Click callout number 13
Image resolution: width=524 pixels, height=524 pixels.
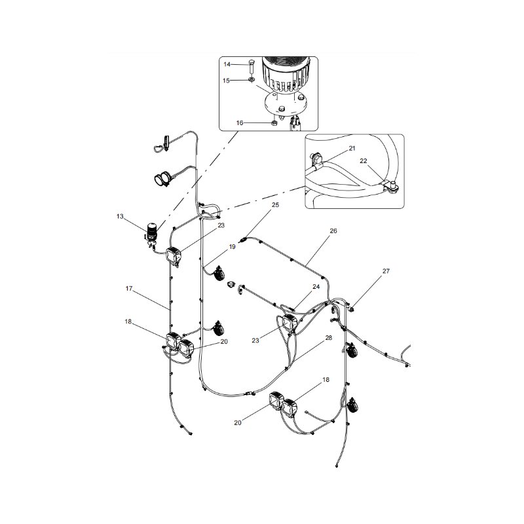[x=120, y=217]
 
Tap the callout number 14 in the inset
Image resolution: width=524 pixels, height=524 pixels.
[x=227, y=64]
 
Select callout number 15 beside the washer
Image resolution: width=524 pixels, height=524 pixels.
[x=226, y=81]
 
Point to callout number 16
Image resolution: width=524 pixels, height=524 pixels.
[x=240, y=123]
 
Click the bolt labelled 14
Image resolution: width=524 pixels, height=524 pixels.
[x=252, y=67]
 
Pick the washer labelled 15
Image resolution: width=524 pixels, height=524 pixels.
[x=252, y=80]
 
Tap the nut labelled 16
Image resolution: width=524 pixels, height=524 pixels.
[x=273, y=123]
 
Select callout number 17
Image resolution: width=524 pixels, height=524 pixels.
[x=129, y=289]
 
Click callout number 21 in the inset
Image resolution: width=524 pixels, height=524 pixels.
[x=352, y=149]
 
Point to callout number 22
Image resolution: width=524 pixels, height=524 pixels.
[x=364, y=161]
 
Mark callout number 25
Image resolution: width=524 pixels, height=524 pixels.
[x=275, y=205]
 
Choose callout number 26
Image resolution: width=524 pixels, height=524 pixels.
[x=333, y=231]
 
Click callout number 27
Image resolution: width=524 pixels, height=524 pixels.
[x=386, y=271]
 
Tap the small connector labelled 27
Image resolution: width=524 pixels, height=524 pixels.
[x=350, y=309]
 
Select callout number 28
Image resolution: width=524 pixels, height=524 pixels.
[x=329, y=338]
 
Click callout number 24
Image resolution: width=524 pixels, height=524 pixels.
[x=316, y=287]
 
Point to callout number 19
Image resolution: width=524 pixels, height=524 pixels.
[x=233, y=247]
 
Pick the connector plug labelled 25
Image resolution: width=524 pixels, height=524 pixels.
[x=244, y=239]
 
